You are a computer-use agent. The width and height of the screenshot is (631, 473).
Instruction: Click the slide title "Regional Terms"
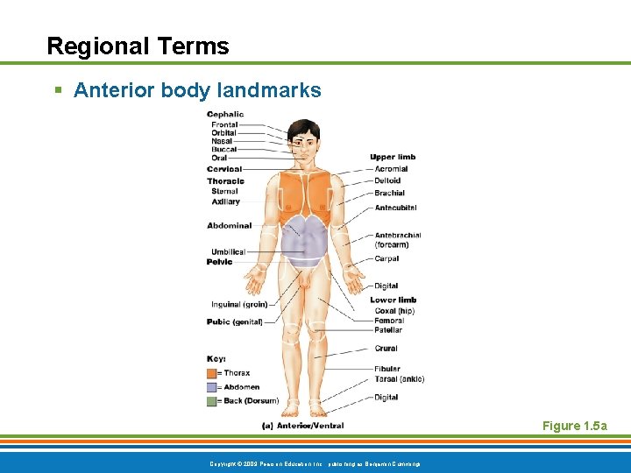point(138,46)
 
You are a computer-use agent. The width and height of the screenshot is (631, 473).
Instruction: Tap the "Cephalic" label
point(225,114)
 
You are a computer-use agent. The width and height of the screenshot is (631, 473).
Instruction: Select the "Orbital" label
point(224,133)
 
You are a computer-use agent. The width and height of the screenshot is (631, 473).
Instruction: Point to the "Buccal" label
point(224,150)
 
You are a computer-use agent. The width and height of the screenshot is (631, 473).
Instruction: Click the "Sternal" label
point(224,191)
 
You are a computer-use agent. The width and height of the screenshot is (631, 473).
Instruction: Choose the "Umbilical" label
point(228,252)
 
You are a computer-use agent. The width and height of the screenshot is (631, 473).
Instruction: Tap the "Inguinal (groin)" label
point(239,305)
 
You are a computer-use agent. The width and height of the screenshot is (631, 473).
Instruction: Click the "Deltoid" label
point(388,181)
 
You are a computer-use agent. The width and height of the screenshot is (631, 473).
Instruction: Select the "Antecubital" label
point(395,208)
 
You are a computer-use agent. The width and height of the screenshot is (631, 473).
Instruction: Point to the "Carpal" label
point(386,258)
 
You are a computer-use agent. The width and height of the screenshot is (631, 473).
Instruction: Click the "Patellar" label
point(388,330)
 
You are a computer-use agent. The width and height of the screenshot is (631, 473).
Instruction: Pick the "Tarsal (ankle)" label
point(399,379)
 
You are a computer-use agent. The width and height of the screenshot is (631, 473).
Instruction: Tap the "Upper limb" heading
point(393,158)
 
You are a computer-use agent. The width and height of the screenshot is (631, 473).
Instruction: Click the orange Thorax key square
point(212,373)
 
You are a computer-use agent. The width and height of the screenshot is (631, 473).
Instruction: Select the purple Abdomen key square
point(212,387)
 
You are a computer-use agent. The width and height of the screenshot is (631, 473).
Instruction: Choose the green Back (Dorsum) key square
point(212,401)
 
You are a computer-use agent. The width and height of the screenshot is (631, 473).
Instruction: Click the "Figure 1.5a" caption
point(574,427)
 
